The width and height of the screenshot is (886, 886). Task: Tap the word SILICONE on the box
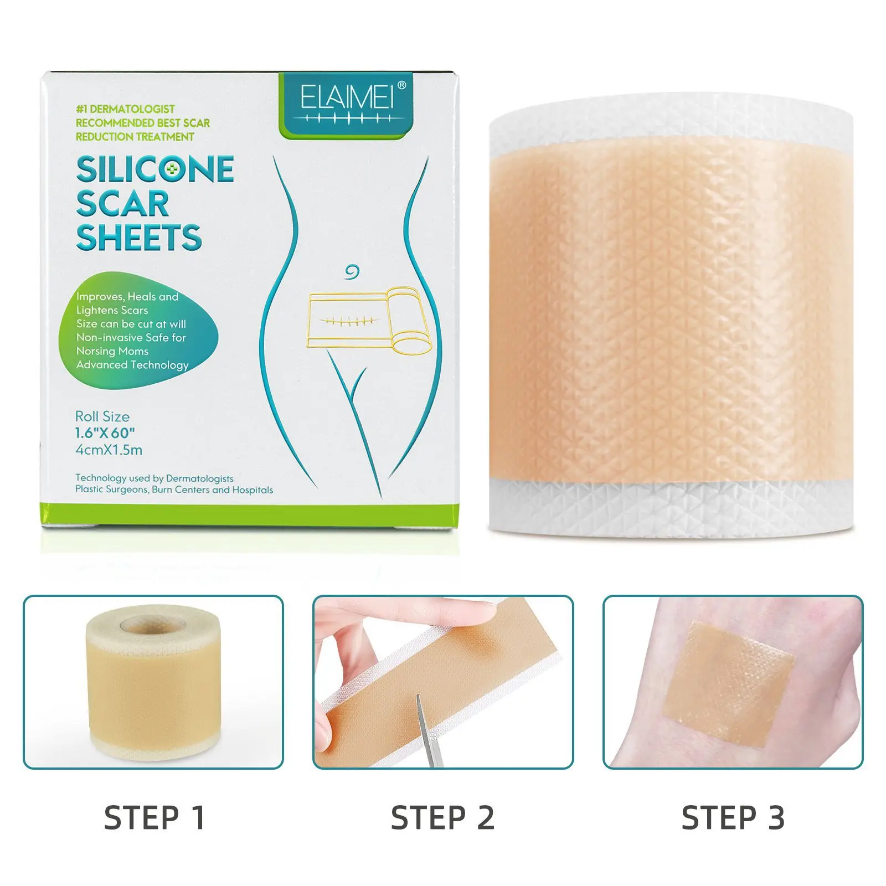155,169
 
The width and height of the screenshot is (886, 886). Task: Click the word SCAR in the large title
122,204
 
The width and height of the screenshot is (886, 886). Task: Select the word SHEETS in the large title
139,238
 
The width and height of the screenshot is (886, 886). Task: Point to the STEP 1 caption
154,818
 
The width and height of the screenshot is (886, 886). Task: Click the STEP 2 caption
442,818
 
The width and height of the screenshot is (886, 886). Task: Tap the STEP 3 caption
733,818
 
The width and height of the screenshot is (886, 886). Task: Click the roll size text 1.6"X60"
105,433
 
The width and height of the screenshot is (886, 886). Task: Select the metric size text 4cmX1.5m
109,450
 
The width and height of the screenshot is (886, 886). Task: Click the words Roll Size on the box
102,416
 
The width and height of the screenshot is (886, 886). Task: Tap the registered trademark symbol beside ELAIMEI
402,85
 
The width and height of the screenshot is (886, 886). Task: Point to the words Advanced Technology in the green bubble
132,365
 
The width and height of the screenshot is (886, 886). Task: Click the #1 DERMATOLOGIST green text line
125,109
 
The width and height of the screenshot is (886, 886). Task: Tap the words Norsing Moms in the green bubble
112,351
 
